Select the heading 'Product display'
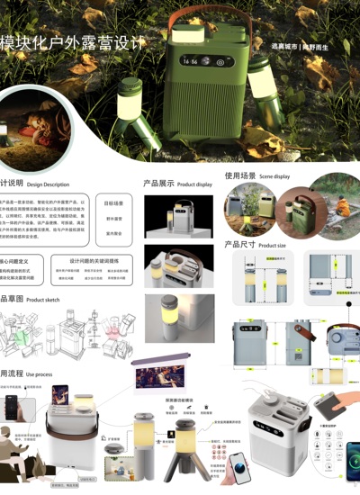(x=194, y=184)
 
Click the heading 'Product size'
(x=269, y=245)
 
